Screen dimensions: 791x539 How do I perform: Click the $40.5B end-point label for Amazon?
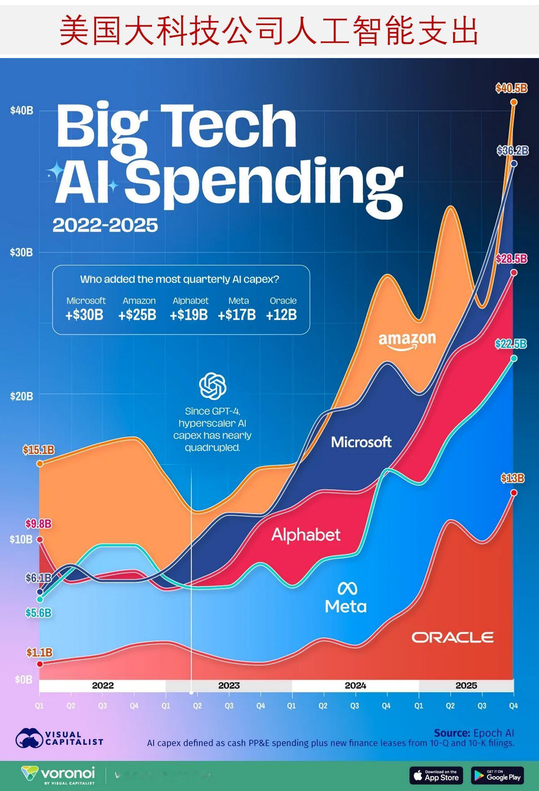pos(511,88)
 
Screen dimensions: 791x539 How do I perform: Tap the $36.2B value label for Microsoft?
pos(512,151)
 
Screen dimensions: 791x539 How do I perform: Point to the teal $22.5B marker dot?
pos(514,358)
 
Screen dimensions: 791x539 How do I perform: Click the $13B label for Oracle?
pos(512,478)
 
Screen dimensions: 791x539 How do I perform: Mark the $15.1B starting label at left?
pos(38,450)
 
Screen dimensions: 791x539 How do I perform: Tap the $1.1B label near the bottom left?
pos(39,653)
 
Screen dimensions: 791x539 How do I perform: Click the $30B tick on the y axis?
pos(21,253)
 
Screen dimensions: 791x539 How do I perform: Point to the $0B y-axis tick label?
pos(23,679)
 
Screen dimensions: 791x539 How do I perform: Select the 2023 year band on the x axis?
pos(229,686)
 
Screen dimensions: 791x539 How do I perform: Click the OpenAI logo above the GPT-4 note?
pos(213,386)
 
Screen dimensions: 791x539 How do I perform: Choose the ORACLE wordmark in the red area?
pos(453,637)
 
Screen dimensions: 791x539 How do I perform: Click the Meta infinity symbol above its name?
pos(347,588)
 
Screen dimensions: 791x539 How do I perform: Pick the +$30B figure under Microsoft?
pos(84,315)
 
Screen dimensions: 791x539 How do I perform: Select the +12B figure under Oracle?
pos(281,315)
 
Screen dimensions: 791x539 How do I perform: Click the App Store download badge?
pos(436,775)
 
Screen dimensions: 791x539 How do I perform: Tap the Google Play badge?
pos(497,775)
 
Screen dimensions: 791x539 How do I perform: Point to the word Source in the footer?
pos(452,733)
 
